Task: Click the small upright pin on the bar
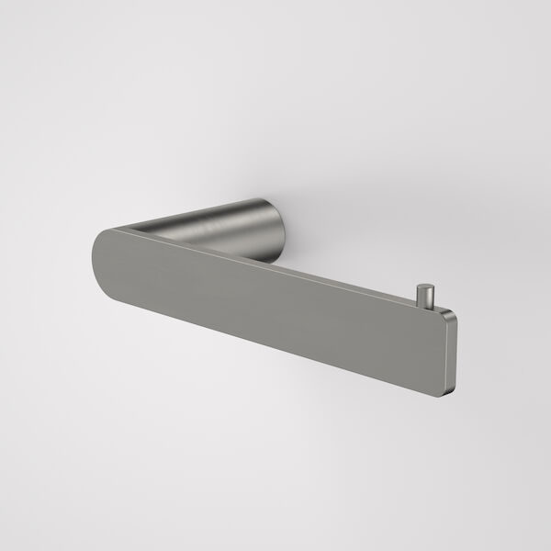[424, 298]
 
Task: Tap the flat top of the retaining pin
[424, 287]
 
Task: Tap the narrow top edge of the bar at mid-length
[275, 269]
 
